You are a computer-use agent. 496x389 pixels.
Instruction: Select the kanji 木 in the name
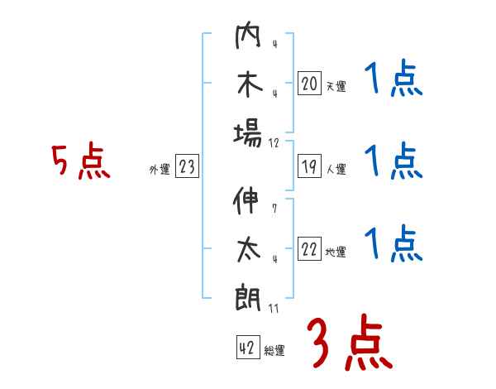tap(248, 85)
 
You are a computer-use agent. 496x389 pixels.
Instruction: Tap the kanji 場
tap(248, 132)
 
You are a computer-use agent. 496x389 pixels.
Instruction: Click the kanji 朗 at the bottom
tap(248, 297)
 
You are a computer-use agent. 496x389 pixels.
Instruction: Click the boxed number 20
tap(309, 84)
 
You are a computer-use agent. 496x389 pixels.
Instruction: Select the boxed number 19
tap(309, 167)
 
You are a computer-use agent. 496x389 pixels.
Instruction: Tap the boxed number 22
tap(309, 250)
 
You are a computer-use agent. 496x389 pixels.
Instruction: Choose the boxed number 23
tap(187, 168)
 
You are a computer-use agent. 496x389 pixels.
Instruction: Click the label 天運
tap(336, 86)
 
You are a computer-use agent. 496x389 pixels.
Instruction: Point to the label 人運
tap(336, 170)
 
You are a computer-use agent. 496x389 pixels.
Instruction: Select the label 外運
tap(159, 170)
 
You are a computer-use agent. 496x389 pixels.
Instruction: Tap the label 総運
tap(274, 350)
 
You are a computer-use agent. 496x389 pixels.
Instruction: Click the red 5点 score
tap(80, 162)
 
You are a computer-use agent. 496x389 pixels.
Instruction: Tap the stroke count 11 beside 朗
tap(274, 309)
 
